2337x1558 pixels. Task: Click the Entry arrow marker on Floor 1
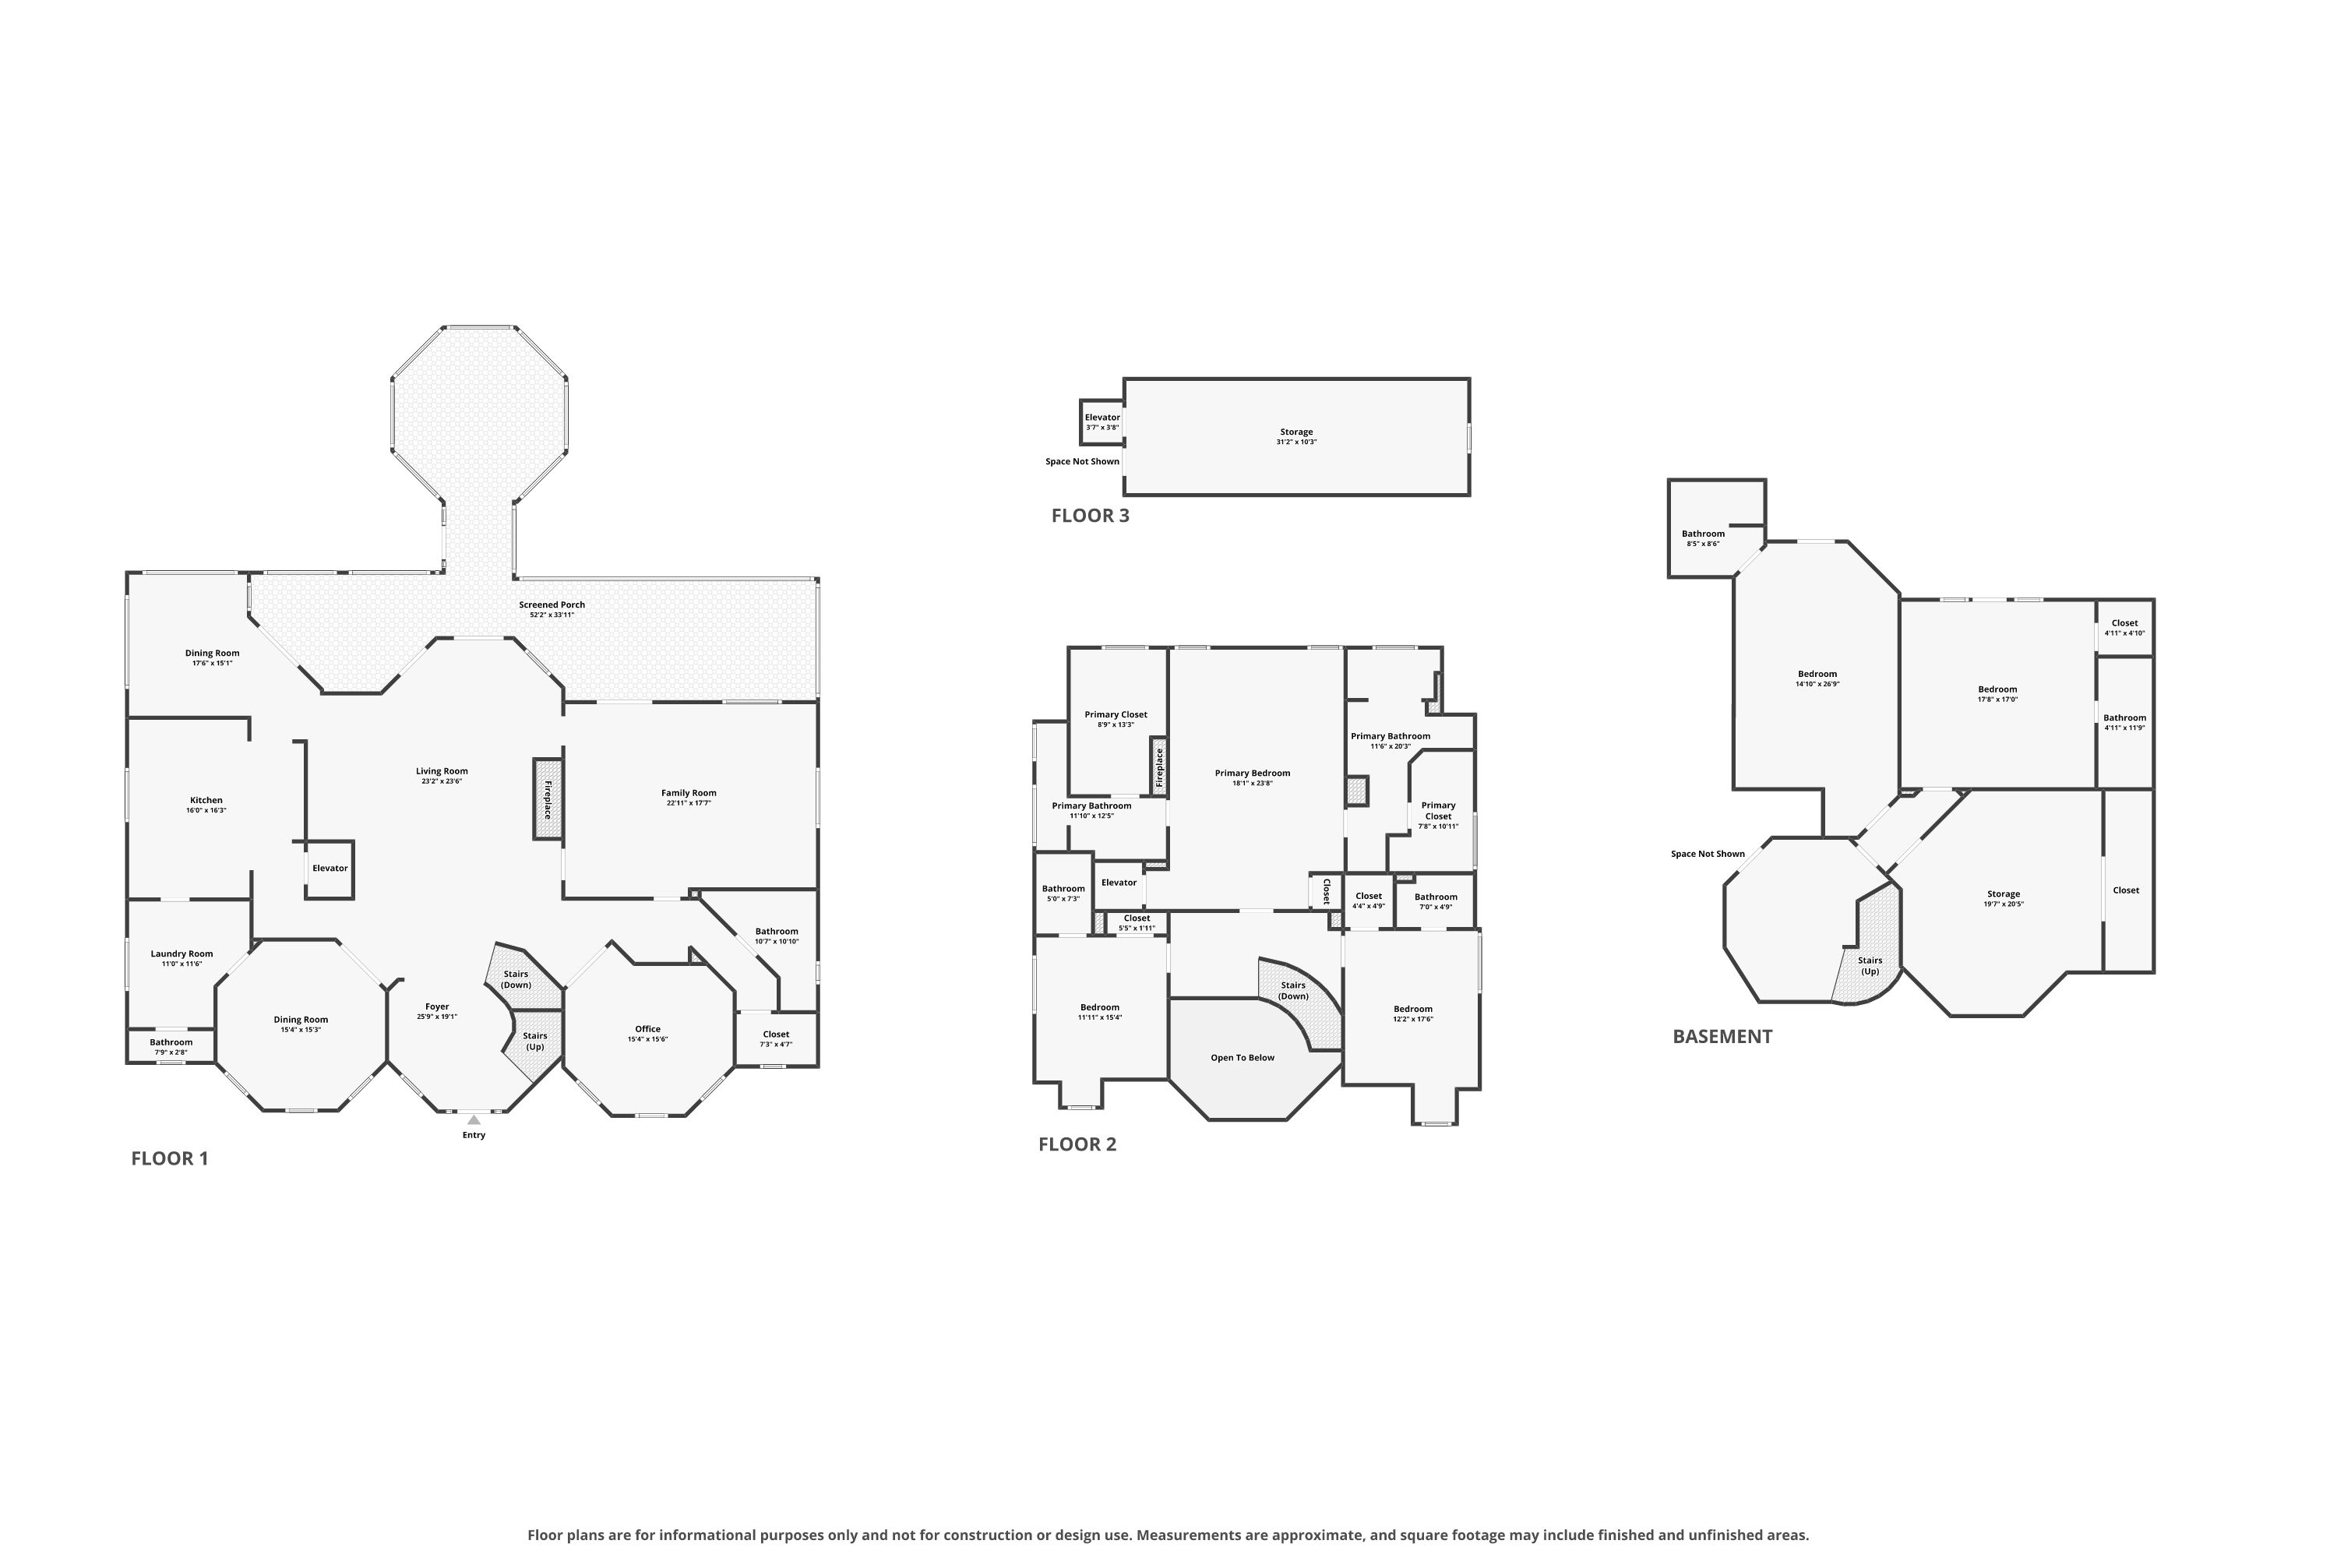click(x=474, y=1120)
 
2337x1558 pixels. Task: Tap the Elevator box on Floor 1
click(x=329, y=869)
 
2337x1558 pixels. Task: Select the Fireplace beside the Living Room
click(x=548, y=800)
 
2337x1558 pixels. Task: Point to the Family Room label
click(x=689, y=793)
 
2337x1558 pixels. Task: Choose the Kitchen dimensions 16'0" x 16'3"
click(x=206, y=811)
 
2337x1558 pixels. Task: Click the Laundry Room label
click(x=182, y=953)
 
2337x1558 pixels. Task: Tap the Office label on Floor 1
click(x=648, y=1029)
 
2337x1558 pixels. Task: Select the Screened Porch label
click(x=552, y=605)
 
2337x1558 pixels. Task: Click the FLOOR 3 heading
click(x=1090, y=516)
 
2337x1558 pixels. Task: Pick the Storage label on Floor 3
click(x=1297, y=432)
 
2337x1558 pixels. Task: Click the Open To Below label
click(x=1242, y=1058)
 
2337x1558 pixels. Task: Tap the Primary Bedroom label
click(x=1252, y=773)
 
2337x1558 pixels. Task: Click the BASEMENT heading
click(x=1722, y=1036)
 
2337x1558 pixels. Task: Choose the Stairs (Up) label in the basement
click(x=1870, y=966)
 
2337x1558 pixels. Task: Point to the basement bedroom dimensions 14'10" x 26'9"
click(x=1817, y=685)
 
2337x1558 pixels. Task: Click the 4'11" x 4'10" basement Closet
click(x=2124, y=628)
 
